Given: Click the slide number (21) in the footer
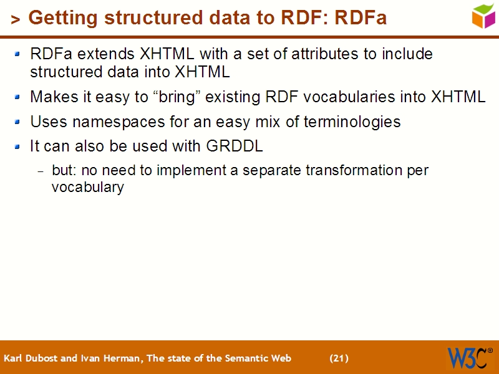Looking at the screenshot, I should [x=339, y=358].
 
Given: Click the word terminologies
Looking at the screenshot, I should [x=352, y=122].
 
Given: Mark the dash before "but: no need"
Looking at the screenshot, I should [x=41, y=171].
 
